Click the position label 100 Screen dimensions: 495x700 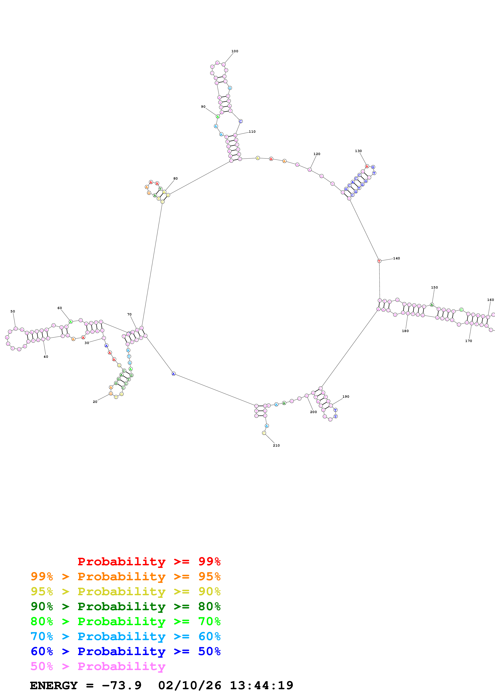tap(235, 51)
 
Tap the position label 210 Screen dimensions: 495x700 tap(276, 445)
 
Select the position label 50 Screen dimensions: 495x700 tap(13, 311)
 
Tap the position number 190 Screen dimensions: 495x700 tap(346, 397)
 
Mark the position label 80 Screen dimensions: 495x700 tap(175, 178)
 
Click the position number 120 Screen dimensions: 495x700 tap(317, 154)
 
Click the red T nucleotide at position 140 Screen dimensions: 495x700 tap(379, 261)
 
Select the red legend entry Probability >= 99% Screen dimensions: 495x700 tap(149, 561)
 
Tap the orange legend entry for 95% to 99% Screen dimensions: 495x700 tap(125, 576)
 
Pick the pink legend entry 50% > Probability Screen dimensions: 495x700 tap(98, 666)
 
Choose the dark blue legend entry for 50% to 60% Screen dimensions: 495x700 tap(125, 651)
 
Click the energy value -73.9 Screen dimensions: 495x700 tap(122, 685)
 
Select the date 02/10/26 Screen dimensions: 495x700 tap(189, 685)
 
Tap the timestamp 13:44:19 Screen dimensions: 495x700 tap(261, 685)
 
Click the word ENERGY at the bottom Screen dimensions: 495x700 tap(54, 685)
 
